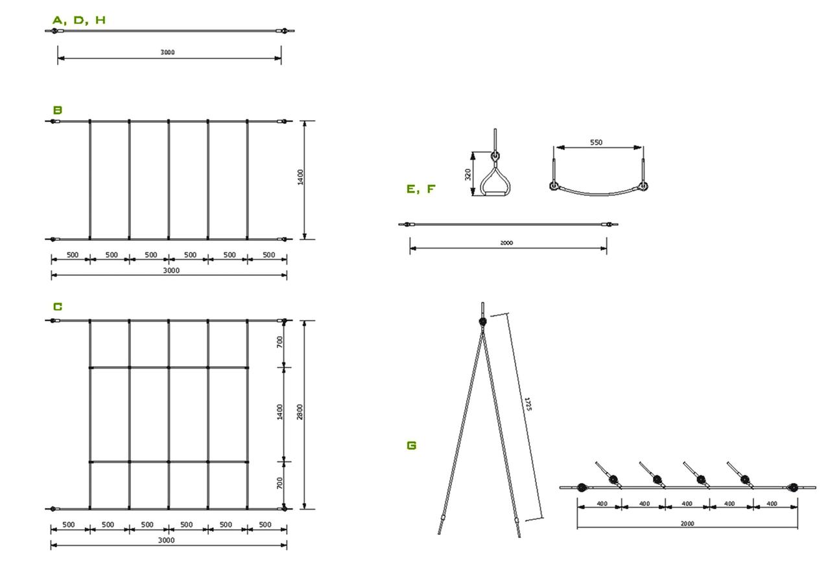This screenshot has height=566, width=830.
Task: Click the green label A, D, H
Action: coord(79,20)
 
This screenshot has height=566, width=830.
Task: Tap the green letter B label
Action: coord(58,110)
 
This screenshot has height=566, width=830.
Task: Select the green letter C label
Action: coord(58,307)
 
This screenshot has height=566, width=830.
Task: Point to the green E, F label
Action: coord(421,189)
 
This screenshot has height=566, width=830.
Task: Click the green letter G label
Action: coord(412,445)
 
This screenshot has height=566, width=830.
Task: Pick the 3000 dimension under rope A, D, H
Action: coord(167,53)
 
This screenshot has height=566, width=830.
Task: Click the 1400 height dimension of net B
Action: coord(300,177)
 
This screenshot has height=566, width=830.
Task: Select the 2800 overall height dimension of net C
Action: coord(300,412)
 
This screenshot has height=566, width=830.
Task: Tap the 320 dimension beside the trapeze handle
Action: coord(468,175)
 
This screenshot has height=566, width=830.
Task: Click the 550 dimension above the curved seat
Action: coord(596,142)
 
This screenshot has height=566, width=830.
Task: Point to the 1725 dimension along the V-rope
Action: coord(528,404)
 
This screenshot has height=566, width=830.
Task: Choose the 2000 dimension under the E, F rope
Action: coord(506,243)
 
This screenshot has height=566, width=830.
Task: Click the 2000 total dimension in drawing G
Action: coord(687,524)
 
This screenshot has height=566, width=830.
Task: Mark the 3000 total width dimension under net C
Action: coord(167,541)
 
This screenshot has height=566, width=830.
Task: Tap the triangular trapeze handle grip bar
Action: coord(495,193)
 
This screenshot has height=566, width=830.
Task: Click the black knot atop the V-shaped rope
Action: coord(483,321)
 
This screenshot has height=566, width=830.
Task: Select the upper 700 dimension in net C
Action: coord(280,341)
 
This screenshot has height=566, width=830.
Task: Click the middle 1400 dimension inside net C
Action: coord(280,412)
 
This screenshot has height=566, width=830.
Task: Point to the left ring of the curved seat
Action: coord(553,186)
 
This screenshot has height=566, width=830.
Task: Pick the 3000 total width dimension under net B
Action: coord(171,271)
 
